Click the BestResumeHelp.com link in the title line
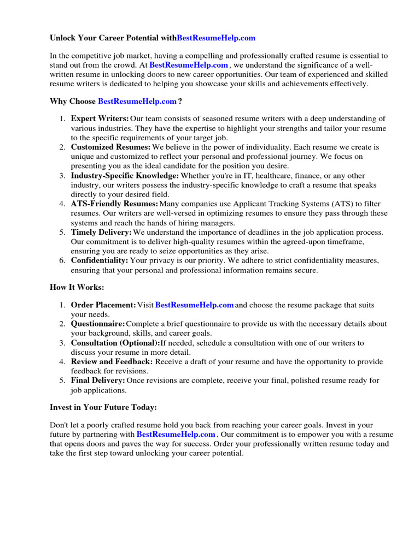click(216, 38)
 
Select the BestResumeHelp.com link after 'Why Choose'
click(137, 101)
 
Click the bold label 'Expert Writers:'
click(100, 118)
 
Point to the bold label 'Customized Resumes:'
click(110, 147)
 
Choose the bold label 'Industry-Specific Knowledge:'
click(125, 176)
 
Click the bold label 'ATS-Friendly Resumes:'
click(114, 204)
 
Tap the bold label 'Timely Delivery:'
click(101, 232)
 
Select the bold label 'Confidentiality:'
click(100, 260)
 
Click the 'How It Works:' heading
click(77, 287)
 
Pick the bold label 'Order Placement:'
click(103, 305)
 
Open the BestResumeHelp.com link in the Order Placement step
click(195, 305)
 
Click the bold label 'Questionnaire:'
click(98, 324)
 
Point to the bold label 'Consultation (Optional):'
click(115, 343)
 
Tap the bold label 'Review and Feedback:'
click(112, 361)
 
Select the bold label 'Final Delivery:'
click(98, 380)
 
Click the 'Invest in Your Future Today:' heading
click(103, 407)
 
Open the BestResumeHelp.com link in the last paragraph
click(176, 435)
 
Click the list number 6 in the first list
click(62, 260)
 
